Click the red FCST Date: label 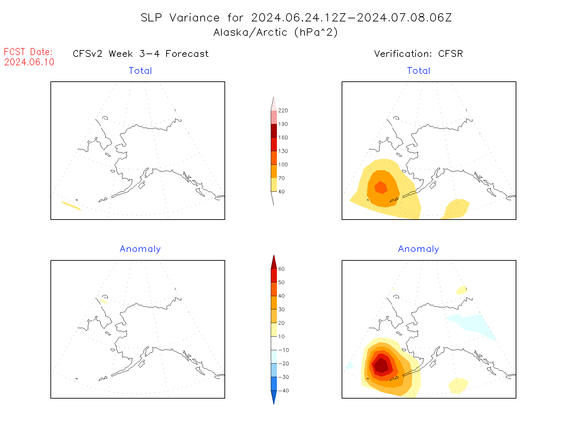pos(28,52)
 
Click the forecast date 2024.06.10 pos(29,62)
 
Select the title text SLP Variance pos(180,18)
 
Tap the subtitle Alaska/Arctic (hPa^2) pos(276,32)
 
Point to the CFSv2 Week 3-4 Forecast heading pos(141,54)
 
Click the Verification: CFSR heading pos(418,54)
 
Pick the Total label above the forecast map pos(140,71)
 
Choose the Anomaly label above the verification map pos(419,249)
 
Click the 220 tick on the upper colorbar pos(283,111)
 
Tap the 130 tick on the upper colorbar pos(283,151)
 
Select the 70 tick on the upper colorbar pos(281,178)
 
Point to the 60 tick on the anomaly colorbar pos(281,269)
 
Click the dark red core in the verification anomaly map pos(381,366)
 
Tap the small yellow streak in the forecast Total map pos(71,206)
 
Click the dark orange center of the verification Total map pos(381,187)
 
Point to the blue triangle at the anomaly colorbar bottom pos(274,396)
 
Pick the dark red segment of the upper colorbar pos(274,131)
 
